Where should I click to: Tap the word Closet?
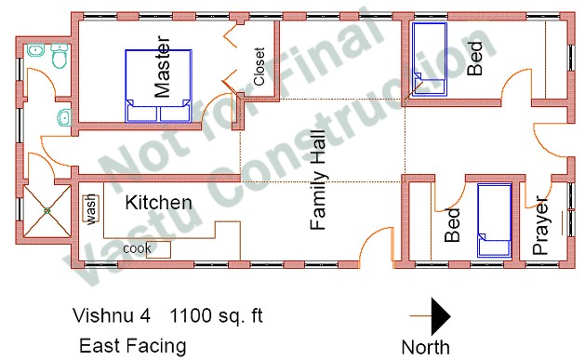point(259,66)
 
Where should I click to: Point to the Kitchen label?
point(159,203)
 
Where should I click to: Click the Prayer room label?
point(542,223)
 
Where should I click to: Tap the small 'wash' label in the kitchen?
point(92,208)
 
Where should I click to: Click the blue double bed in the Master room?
point(159,86)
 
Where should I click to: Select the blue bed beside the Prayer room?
point(493,220)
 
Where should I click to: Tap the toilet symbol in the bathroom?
point(59,59)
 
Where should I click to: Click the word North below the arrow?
point(425,348)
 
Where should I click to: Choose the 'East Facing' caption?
point(132,347)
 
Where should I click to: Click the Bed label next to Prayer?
point(453,225)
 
